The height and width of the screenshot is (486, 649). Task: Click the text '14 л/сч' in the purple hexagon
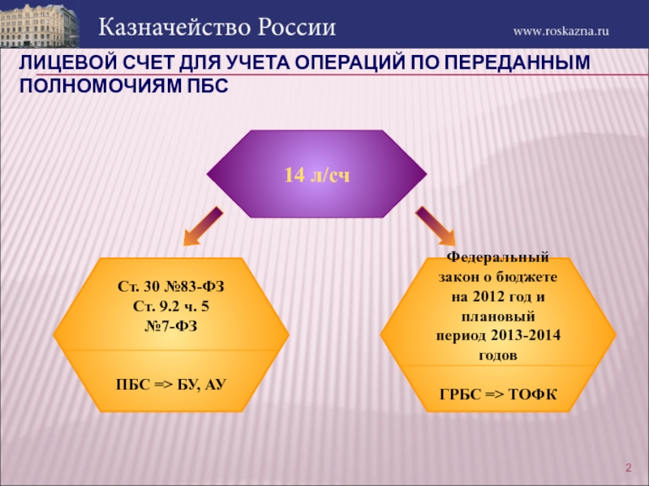[316, 175]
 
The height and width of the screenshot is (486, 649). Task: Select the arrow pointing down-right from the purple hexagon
[436, 225]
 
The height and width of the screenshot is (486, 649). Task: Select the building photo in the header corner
[40, 24]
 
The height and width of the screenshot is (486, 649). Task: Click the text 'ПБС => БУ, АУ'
[170, 381]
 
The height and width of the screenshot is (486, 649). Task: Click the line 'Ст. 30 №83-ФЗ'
[170, 288]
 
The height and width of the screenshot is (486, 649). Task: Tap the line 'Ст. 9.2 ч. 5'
[170, 306]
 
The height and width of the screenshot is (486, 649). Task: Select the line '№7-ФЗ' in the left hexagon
[170, 325]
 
